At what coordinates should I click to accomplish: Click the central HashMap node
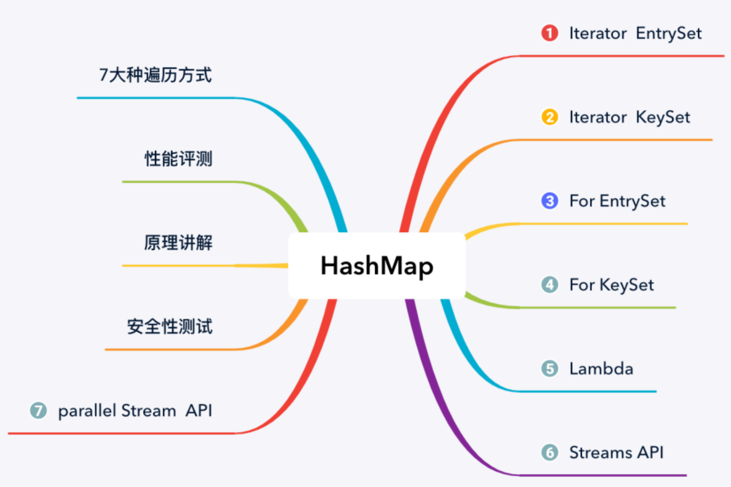pos(377,265)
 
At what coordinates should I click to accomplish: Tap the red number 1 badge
pos(549,33)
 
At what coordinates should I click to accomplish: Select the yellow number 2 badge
pos(549,117)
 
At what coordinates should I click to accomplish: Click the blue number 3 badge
pos(549,201)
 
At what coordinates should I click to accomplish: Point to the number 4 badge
pos(549,285)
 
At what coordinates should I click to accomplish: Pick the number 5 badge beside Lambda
pos(549,368)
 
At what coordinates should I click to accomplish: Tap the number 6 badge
pos(549,452)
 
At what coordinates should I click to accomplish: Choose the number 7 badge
pos(38,410)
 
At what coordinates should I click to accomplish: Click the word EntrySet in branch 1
pos(669,34)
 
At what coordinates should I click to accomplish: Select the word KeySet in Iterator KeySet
pos(662,117)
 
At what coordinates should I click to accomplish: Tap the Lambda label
pos(601,369)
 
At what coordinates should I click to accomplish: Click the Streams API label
pos(616,453)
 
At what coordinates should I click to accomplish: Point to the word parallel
pos(87,411)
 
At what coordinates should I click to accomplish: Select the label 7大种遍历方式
pos(155,75)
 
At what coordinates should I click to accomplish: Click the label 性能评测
pos(178,159)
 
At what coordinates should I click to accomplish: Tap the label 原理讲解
pos(178,243)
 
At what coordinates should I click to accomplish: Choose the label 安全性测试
pos(170,326)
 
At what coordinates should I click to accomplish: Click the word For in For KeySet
pos(582,285)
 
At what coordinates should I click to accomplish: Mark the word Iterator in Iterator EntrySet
pos(598,34)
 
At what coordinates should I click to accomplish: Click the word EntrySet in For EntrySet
pos(632,201)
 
